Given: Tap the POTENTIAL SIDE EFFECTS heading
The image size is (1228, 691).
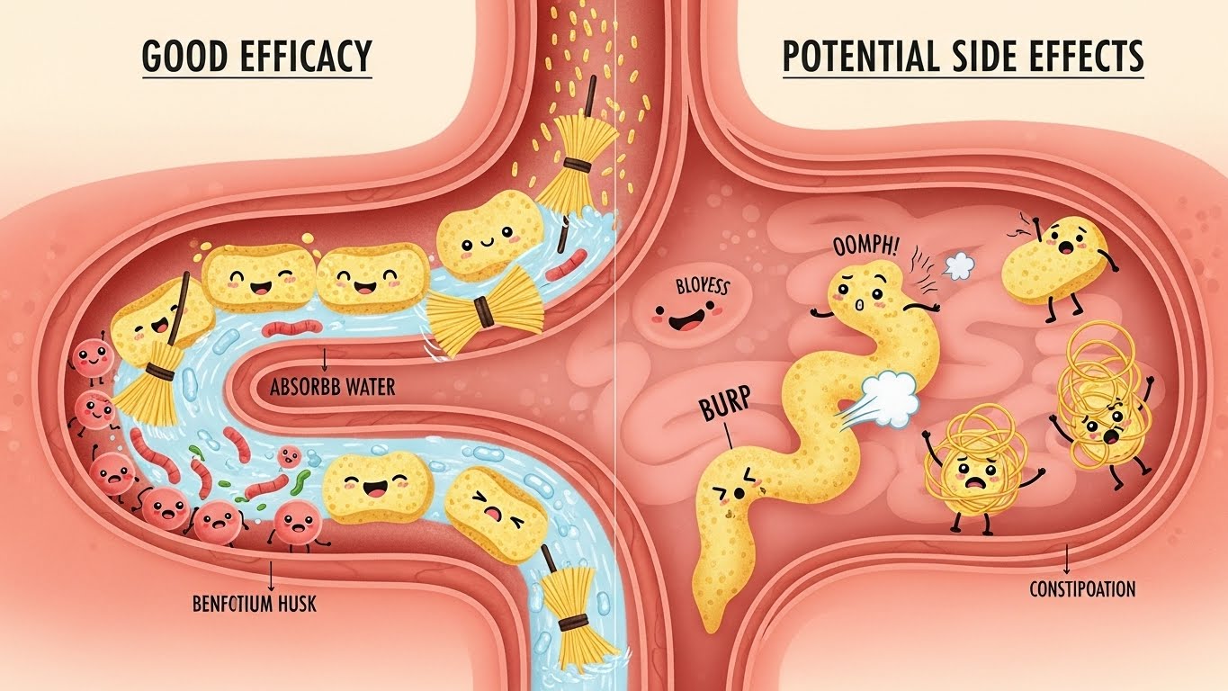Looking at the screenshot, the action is pyautogui.click(x=963, y=57).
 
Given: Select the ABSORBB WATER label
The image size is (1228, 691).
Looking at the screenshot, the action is pyautogui.click(x=333, y=389).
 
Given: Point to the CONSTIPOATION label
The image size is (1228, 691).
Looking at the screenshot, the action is pyautogui.click(x=1082, y=590).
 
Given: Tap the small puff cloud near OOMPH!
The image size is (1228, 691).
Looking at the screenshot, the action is pyautogui.click(x=961, y=264).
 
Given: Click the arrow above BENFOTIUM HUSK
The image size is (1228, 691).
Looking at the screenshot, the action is pyautogui.click(x=273, y=574).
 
